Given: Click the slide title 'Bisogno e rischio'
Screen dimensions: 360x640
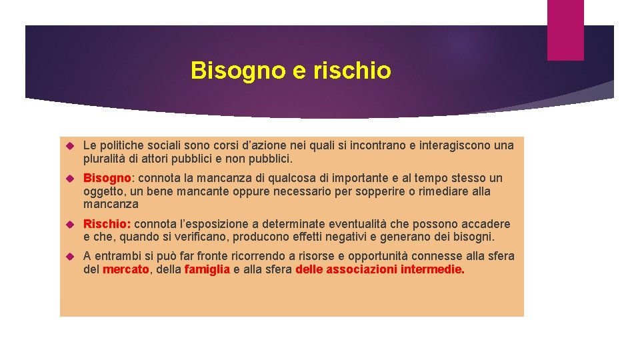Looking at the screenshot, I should [291, 71].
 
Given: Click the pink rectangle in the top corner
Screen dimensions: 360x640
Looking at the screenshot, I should [565, 30].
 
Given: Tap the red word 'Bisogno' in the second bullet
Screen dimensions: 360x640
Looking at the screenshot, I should [107, 179].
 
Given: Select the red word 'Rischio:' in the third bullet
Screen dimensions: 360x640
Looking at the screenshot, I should [107, 224].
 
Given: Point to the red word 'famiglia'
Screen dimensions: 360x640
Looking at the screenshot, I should [207, 270].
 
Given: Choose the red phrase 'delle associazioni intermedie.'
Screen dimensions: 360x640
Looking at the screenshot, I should [380, 270].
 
